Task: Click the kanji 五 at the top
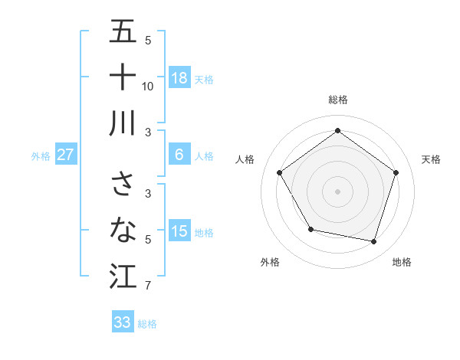(123, 31)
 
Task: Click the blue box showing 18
(179, 78)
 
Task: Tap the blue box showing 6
(179, 155)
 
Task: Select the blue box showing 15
(179, 231)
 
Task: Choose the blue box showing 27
(66, 155)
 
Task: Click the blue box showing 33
(123, 322)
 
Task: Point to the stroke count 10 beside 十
(148, 86)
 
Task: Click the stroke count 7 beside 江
(148, 286)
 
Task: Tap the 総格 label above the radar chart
(338, 100)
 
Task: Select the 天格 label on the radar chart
(431, 159)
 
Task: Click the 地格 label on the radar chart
(402, 262)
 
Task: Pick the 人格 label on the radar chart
(245, 159)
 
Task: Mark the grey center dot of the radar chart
(337, 191)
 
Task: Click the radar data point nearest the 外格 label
(310, 229)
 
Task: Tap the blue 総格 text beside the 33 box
(147, 324)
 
